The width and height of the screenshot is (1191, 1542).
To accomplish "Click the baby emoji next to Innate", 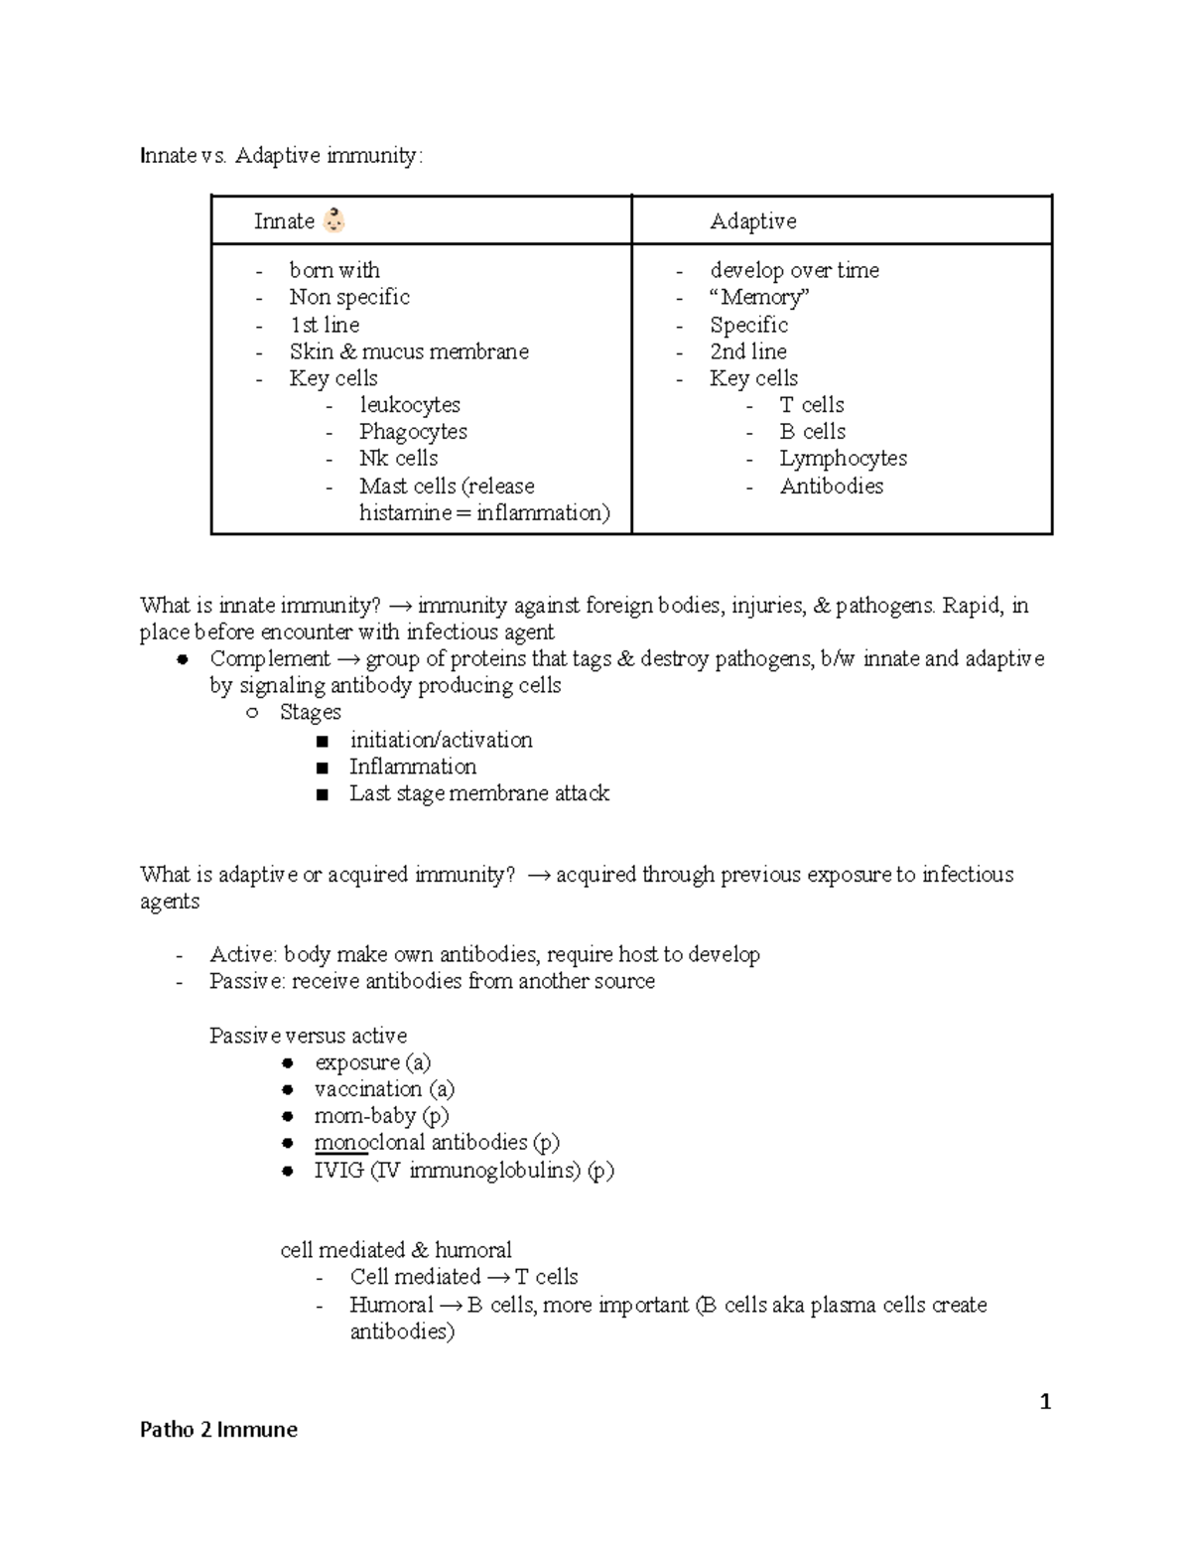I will coord(334,220).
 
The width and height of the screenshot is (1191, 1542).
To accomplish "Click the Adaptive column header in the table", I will coord(752,221).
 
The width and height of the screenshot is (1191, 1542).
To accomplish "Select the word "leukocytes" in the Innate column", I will coord(409,405).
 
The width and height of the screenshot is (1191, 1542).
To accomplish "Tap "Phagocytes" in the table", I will coord(413,432).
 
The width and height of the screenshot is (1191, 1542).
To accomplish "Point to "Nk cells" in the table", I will coord(398,459).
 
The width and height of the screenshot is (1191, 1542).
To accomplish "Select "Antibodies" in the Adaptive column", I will coord(831,487).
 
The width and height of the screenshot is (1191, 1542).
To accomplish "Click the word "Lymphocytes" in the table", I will coord(843,459).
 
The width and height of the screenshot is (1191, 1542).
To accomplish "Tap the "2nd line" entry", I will coord(747,351).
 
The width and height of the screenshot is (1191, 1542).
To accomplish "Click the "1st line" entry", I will coord(324,325).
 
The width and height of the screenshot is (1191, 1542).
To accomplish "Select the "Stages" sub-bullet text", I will coord(310,713).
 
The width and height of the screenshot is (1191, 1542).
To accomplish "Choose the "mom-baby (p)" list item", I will coord(381,1116).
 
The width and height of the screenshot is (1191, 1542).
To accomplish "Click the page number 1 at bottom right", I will coord(1044,1402).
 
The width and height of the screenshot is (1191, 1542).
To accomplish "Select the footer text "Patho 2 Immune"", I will coord(218,1430).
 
